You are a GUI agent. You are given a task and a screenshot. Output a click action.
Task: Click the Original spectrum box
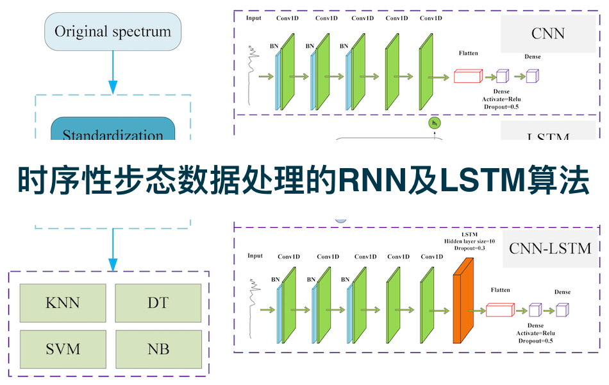click(x=113, y=31)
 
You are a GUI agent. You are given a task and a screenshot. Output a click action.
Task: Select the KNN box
click(x=63, y=302)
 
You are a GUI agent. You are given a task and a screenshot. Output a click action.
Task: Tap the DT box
click(x=158, y=302)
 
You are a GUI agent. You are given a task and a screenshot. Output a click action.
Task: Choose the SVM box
click(x=63, y=349)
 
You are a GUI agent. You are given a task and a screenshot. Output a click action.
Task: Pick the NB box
click(x=158, y=349)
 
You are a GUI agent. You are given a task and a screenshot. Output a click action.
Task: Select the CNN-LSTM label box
click(x=550, y=247)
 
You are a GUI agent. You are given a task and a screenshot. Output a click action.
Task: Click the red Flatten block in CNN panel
click(x=468, y=76)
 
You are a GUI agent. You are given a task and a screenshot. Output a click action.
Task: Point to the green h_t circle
click(x=435, y=123)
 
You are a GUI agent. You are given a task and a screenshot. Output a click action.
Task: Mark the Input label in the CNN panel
click(x=254, y=18)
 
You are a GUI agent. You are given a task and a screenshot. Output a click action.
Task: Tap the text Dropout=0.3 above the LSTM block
click(x=469, y=248)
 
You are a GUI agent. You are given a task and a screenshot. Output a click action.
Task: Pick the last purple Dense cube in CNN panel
click(x=531, y=77)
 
